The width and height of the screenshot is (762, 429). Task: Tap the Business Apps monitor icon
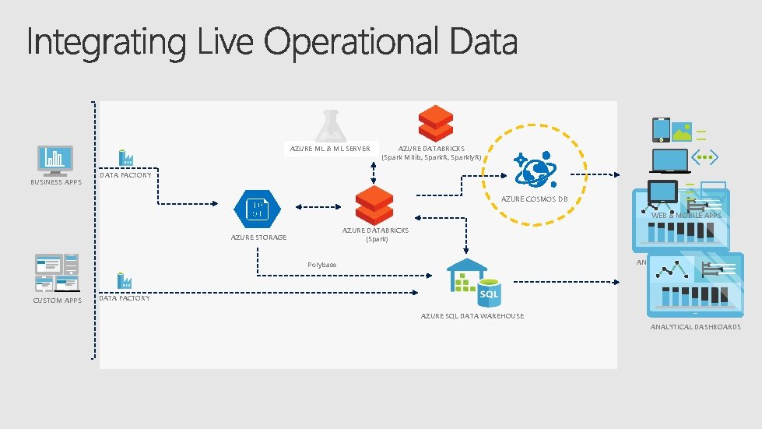point(55,160)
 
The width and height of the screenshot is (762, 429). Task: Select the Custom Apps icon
point(56,273)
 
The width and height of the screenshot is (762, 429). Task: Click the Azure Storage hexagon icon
point(256,208)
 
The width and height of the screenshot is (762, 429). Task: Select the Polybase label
point(321,265)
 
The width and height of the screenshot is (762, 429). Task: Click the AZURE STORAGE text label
point(258,237)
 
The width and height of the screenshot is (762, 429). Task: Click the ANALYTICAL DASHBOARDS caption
point(695,327)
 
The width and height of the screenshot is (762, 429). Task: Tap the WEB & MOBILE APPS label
point(686,215)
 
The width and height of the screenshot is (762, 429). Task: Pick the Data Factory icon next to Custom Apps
point(123,282)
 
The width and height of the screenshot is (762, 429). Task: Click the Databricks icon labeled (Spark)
point(374,206)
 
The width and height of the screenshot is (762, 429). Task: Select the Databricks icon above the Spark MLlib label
point(436,123)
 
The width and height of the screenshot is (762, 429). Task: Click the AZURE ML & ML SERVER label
point(330,148)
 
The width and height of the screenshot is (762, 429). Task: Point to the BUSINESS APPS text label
point(56,182)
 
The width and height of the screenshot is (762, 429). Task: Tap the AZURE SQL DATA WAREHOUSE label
point(472,316)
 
